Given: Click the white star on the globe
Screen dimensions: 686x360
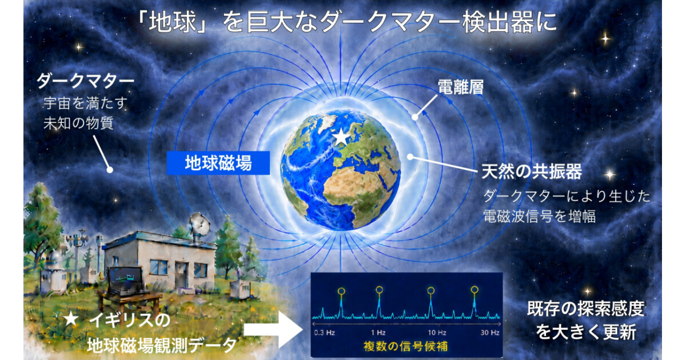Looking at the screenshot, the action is tap(341, 137).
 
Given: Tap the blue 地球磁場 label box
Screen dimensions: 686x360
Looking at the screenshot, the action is tap(218, 163).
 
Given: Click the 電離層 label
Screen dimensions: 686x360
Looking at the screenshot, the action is tap(460, 87).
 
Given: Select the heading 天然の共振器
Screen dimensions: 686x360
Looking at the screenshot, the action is tap(531, 171).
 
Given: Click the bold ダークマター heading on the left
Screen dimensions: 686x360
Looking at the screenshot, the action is tap(85, 81).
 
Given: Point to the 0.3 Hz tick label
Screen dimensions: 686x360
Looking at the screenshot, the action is tap(325, 333).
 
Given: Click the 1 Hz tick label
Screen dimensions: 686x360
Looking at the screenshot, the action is tap(378, 333).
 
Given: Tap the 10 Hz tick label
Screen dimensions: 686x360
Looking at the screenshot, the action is tap(437, 333).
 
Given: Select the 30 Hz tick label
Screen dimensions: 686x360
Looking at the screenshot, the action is tap(490, 333).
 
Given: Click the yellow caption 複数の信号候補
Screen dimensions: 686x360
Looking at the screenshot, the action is tap(405, 346).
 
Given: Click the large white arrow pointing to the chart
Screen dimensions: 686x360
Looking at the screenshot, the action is tap(273, 330).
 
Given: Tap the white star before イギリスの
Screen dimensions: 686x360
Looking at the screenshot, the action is tap(71, 319).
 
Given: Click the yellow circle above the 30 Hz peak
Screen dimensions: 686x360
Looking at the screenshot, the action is tap(474, 289).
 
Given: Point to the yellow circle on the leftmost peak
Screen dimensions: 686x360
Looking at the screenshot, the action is tap(341, 291).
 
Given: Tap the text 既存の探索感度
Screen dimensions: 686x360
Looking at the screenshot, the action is tap(585, 309).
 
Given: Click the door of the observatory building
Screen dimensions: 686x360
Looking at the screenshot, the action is tap(182, 275).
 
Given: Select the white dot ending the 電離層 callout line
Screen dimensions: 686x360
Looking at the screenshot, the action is tap(414, 117).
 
